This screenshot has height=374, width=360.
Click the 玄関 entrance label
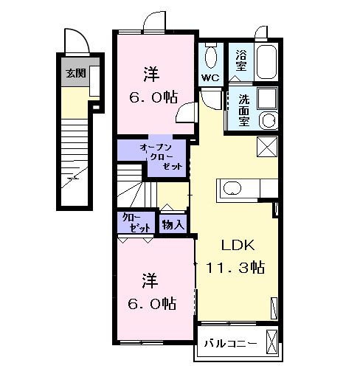tap(74, 73)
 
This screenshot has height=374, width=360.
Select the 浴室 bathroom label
tap(240, 60)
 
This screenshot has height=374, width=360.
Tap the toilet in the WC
tap(211, 54)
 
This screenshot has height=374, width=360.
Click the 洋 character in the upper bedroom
tap(151, 75)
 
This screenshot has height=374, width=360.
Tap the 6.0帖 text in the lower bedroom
tap(152, 302)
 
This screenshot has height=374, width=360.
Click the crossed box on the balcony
tap(272, 342)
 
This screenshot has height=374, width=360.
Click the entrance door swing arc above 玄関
tap(77, 42)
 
